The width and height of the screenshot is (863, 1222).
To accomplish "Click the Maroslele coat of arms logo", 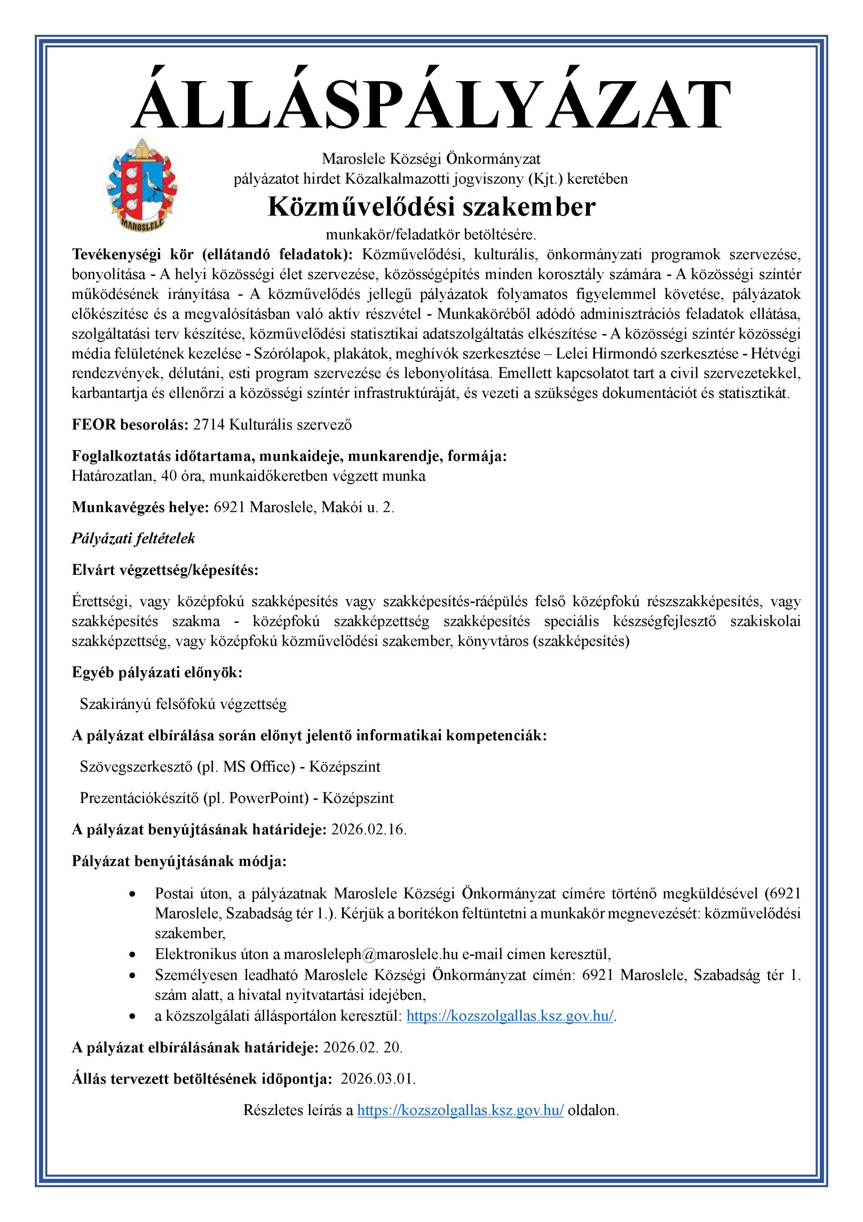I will (x=142, y=184).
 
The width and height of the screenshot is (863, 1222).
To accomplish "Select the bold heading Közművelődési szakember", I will (x=431, y=207).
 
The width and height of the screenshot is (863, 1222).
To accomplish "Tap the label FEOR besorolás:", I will (x=130, y=425).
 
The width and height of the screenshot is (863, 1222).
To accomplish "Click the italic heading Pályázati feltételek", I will (x=134, y=538).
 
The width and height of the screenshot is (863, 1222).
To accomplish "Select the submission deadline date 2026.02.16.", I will (x=369, y=830).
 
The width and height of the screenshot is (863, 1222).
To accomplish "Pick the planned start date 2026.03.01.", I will (x=378, y=1079).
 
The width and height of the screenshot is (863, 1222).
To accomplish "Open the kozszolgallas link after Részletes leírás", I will (x=461, y=1110).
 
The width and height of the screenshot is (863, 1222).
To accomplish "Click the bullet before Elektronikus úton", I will (x=133, y=954).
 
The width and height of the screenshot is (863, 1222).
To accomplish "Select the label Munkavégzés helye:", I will (x=140, y=507).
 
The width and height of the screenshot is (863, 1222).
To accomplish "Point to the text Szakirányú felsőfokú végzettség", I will (x=183, y=704).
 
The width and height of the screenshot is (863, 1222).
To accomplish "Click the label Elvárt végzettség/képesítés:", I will (x=165, y=570).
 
